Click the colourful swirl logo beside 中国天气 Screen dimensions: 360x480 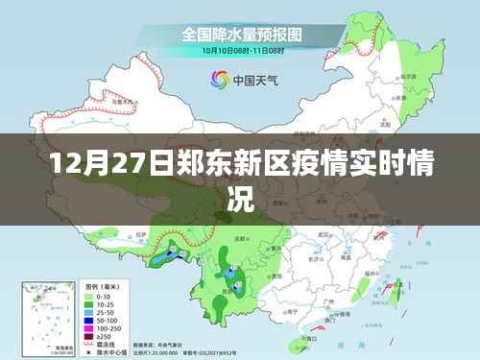[x=213, y=81]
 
